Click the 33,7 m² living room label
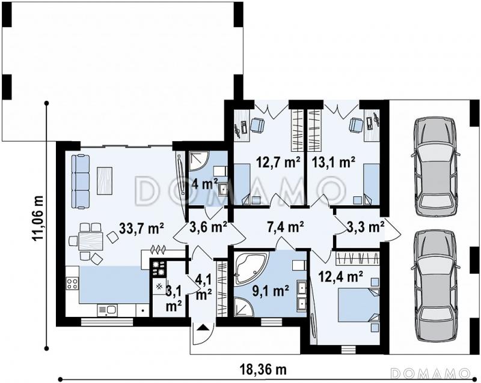(141, 228)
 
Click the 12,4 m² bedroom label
(341, 277)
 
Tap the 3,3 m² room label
(366, 227)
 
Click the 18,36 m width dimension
(264, 370)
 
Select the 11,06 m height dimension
(39, 219)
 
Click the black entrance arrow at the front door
(202, 328)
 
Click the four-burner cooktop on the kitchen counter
(72, 283)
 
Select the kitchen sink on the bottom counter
(107, 310)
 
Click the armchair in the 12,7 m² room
(257, 125)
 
